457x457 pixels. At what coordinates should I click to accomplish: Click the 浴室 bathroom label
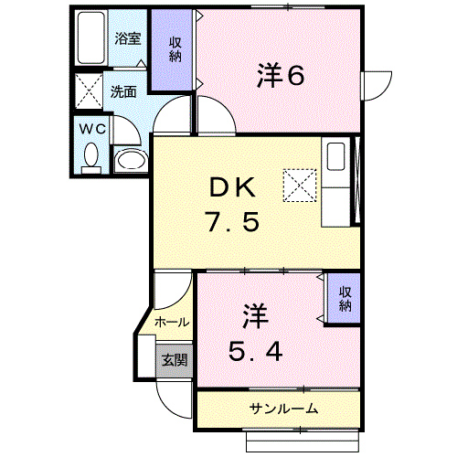click(127, 39)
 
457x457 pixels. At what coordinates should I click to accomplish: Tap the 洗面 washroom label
click(123, 91)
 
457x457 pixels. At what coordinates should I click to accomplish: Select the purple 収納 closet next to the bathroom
click(173, 50)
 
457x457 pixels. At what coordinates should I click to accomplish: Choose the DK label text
click(235, 187)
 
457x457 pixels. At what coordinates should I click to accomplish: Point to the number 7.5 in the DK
click(236, 223)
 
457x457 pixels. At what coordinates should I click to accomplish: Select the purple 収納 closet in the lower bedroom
click(345, 298)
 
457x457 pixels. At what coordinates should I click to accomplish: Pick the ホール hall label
click(171, 322)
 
